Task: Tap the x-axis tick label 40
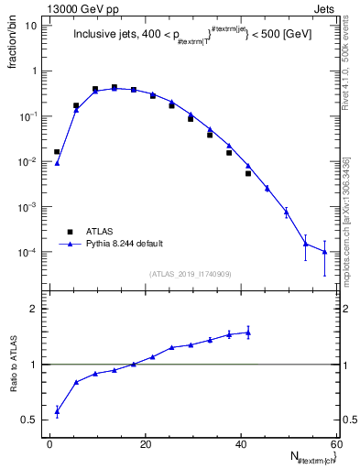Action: [x=241, y=443]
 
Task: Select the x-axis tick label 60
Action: [x=336, y=443]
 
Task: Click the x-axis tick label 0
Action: [x=50, y=443]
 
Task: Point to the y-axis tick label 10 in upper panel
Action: [x=33, y=26]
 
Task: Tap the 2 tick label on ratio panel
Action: [x=35, y=309]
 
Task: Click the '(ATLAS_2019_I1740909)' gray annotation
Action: [x=191, y=274]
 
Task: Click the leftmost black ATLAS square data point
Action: [x=57, y=152]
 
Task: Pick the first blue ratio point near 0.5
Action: [x=57, y=411]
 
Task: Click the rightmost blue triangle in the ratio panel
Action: [x=248, y=333]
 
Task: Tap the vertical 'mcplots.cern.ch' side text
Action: [x=350, y=220]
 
